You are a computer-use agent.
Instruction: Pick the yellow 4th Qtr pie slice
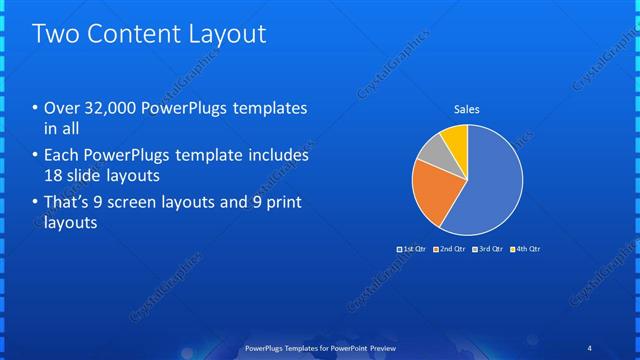(x=455, y=137)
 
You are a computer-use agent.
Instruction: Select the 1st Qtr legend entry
(x=412, y=248)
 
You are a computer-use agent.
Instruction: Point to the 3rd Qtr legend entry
(x=488, y=248)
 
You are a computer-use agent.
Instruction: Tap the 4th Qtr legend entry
(x=526, y=248)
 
